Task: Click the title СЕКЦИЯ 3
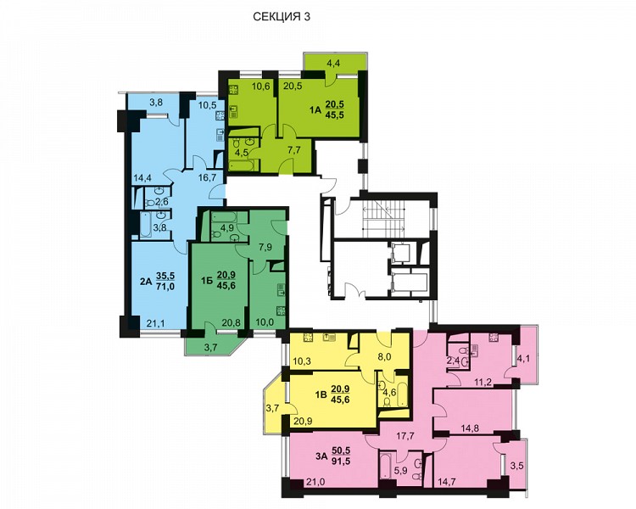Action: [282, 17]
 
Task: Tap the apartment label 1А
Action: [315, 109]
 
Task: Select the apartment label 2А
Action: [146, 281]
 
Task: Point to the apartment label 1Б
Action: [207, 280]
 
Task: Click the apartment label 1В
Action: [321, 394]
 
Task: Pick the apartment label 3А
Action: [321, 456]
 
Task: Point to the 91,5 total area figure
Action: [341, 461]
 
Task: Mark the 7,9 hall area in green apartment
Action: [265, 247]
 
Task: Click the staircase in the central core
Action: [383, 218]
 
